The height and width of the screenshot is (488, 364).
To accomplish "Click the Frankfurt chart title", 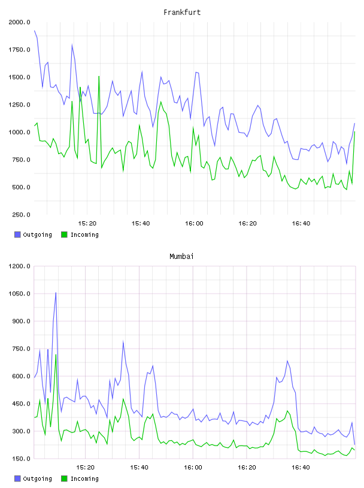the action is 182,12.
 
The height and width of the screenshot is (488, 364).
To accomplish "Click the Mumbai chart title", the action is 181,256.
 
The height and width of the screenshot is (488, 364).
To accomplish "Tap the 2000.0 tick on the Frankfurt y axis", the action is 19,22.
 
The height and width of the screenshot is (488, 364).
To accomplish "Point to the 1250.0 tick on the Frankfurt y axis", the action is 19,105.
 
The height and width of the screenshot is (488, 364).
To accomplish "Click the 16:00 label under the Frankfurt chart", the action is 194,224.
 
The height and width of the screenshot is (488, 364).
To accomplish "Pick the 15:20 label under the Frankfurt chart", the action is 87,224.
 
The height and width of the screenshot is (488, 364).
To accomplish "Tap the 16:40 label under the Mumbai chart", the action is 301,468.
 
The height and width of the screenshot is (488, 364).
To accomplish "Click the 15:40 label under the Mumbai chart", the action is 139,468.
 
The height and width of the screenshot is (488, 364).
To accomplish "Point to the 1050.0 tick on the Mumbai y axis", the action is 19,294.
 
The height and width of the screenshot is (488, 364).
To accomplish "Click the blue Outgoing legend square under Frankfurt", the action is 17,234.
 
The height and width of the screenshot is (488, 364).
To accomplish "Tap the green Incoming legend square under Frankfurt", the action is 64,234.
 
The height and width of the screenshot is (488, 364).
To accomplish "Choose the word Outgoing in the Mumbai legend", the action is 37,478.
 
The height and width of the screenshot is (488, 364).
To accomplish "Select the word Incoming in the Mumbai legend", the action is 84,478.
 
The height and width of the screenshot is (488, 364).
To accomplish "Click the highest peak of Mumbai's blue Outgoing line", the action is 56,292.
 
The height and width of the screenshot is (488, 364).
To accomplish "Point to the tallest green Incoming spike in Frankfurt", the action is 99,77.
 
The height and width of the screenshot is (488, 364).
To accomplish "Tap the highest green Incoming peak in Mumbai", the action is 56,355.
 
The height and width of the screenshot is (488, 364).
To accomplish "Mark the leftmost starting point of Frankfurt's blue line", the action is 34,30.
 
